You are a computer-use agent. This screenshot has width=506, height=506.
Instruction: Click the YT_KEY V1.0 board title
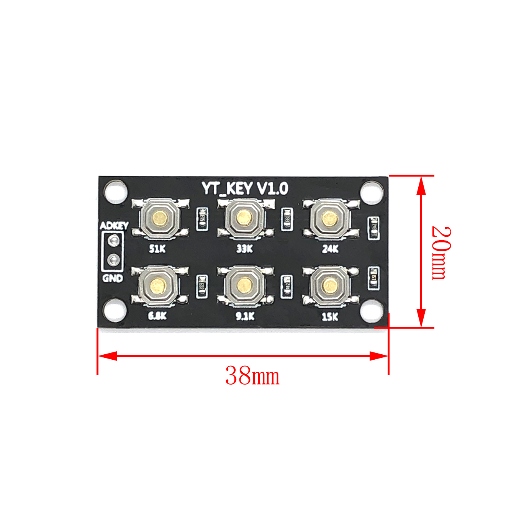click(x=245, y=188)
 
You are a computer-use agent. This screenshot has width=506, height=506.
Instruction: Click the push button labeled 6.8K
click(x=157, y=285)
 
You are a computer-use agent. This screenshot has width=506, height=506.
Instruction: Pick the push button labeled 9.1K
click(x=244, y=285)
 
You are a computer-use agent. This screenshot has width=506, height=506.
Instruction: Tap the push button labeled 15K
click(x=329, y=285)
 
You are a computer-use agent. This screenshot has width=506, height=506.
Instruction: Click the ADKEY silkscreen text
click(x=114, y=226)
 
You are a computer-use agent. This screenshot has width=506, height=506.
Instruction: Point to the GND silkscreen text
click(x=113, y=278)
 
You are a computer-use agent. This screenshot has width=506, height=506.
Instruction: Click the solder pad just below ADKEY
click(x=113, y=241)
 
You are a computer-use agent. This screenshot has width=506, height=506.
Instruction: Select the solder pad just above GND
click(x=113, y=260)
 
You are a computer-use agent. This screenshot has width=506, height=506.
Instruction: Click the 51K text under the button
click(x=157, y=249)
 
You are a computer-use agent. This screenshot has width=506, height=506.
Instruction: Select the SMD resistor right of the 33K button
click(x=287, y=219)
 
